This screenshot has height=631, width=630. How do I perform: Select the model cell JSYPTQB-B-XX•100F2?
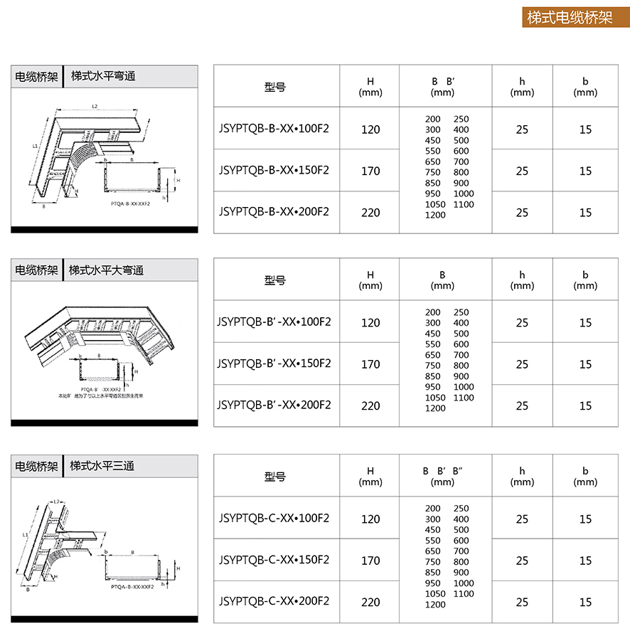[x=274, y=129]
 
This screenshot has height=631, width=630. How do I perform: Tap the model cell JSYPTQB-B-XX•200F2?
[x=274, y=212]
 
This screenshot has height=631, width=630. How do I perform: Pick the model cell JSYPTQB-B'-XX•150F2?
[x=274, y=364]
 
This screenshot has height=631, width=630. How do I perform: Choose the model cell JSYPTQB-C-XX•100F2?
[x=274, y=518]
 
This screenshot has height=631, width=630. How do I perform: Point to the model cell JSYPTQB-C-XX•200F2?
[x=274, y=601]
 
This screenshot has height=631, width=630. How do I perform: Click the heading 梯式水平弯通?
[x=103, y=76]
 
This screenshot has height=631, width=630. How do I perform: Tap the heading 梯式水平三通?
[x=102, y=466]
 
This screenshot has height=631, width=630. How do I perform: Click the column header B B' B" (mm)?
[x=442, y=476]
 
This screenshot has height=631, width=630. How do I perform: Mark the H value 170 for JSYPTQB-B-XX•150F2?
[x=370, y=171]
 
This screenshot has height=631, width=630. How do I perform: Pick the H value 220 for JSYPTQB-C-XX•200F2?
[x=370, y=602]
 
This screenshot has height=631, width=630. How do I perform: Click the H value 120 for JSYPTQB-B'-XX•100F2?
[x=370, y=323]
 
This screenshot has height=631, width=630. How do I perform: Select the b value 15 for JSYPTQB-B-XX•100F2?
[x=585, y=129]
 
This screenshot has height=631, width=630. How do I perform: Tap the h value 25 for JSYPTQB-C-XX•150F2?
[x=523, y=561]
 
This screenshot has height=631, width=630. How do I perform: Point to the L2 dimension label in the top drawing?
[x=95, y=106]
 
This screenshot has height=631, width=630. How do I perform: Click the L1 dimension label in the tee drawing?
[x=26, y=534]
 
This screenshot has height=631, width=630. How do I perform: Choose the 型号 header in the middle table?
[x=274, y=280]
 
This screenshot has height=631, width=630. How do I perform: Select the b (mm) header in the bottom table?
[x=585, y=476]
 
